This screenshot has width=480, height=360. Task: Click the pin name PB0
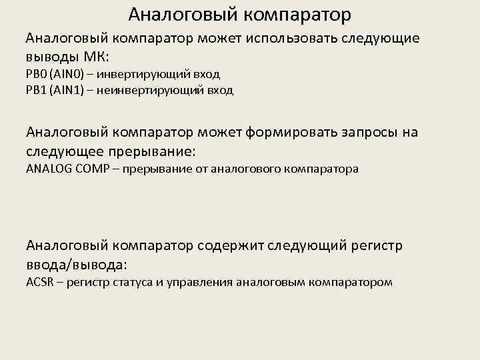35,74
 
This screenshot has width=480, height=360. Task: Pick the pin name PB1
35,90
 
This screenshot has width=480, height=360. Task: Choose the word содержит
231,246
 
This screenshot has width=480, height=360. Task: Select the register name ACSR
39,282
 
